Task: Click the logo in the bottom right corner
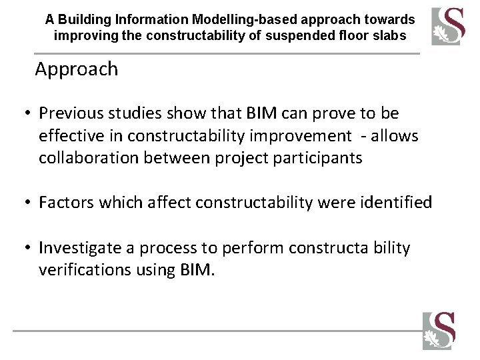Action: pos(438,330)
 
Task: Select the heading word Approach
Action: pos(77,69)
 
